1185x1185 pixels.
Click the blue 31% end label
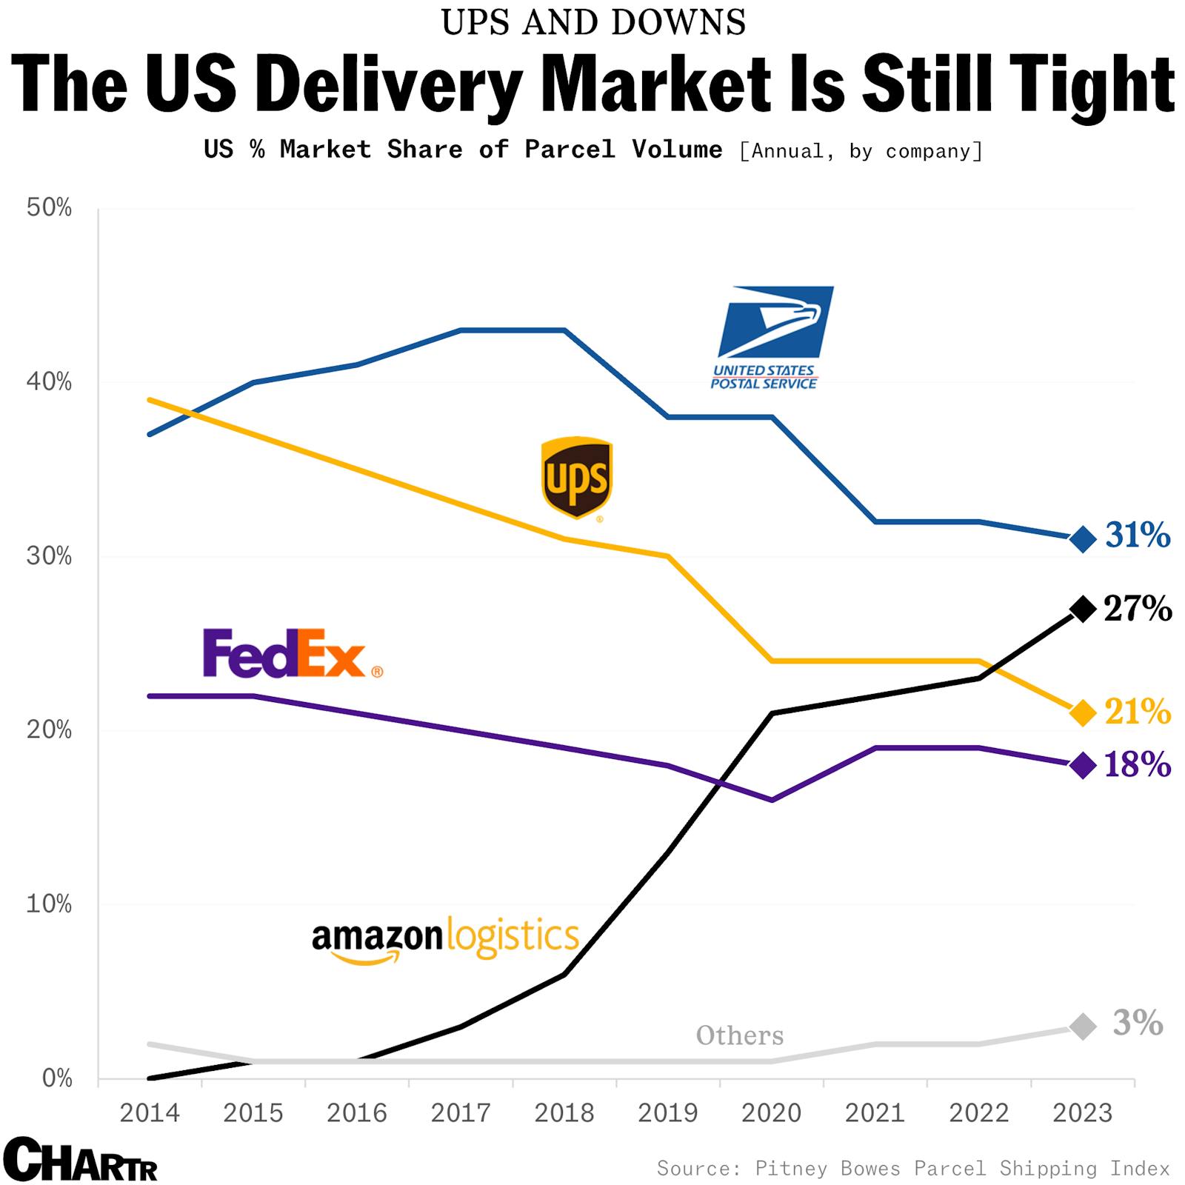coord(1138,535)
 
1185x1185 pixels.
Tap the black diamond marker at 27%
coord(1083,610)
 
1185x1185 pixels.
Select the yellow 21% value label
coord(1138,712)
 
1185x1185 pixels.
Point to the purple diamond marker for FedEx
coord(1083,765)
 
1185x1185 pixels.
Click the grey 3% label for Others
coord(1138,1023)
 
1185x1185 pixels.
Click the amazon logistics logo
coord(445,939)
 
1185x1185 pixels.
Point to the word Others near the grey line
coord(739,1035)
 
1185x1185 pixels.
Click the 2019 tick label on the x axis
coord(668,1113)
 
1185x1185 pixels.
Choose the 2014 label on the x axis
coord(150,1113)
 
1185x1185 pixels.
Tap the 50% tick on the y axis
coord(50,208)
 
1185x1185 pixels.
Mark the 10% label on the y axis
coord(50,904)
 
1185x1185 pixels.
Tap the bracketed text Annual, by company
coord(861,151)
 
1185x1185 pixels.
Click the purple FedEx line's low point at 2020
coord(772,800)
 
